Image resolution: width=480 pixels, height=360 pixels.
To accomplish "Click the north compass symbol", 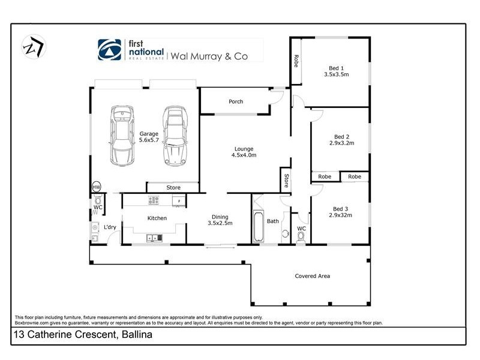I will click(x=32, y=47).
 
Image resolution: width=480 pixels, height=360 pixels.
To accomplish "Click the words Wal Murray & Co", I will click(x=217, y=57).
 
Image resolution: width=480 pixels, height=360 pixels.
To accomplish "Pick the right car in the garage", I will click(x=174, y=137).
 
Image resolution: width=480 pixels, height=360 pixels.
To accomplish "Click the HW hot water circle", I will click(x=96, y=188).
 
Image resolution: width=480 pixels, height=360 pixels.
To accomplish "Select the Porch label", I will click(x=236, y=101).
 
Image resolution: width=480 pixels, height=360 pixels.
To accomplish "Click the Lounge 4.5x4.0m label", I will click(x=244, y=152).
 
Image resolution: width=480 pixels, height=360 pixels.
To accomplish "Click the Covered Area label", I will click(x=312, y=276).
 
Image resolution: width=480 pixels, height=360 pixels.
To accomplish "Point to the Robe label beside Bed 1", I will click(x=296, y=60).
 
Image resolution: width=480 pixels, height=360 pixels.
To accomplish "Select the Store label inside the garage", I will click(x=173, y=188).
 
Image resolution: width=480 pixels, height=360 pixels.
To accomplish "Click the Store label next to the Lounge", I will click(x=286, y=180).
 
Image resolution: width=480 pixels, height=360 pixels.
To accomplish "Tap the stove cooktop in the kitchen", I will click(x=153, y=200).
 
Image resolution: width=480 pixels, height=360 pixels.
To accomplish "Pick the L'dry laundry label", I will click(x=110, y=227).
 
